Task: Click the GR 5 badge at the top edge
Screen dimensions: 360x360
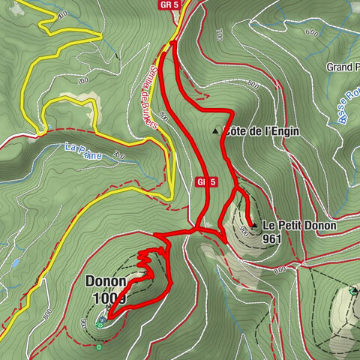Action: pyautogui.click(x=169, y=5)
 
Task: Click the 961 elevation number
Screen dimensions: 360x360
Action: pyautogui.click(x=273, y=239)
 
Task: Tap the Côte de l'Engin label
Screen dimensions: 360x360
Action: pyautogui.click(x=262, y=131)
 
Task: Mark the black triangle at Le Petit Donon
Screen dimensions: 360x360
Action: pyautogui.click(x=253, y=225)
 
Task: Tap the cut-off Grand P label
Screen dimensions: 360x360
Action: pyautogui.click(x=342, y=67)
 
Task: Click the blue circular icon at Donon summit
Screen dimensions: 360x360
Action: pyautogui.click(x=101, y=319)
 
